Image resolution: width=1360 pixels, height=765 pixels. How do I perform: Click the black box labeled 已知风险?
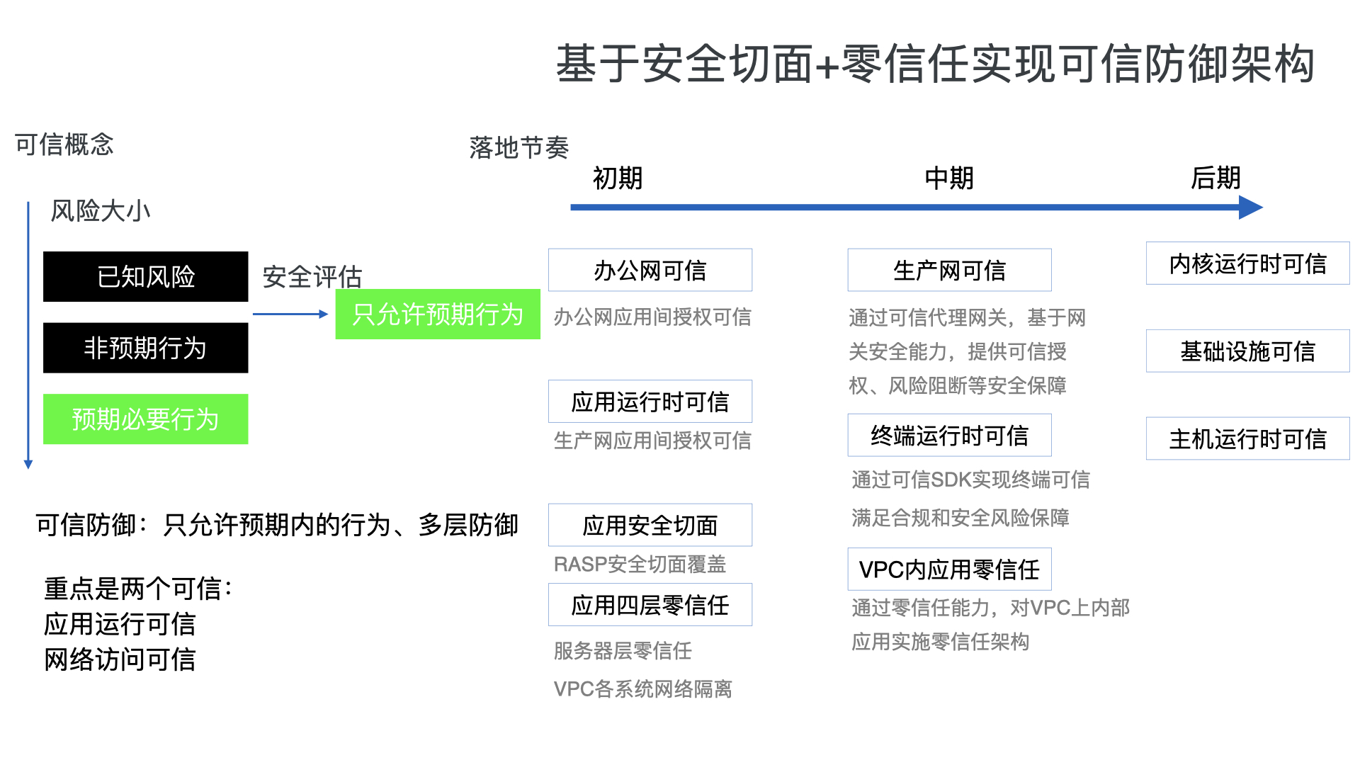point(145,276)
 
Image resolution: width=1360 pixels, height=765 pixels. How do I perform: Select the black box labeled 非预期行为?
point(145,348)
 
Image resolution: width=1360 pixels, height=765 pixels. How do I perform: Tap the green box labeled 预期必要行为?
point(145,419)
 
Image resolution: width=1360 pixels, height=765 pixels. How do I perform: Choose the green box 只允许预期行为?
point(437,314)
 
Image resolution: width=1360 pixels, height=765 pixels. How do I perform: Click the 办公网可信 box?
point(650,270)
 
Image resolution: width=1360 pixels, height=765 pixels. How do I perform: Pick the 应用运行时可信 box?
point(650,402)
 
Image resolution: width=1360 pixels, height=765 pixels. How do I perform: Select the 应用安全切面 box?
point(650,525)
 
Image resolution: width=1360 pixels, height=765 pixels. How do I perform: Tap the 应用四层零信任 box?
point(650,605)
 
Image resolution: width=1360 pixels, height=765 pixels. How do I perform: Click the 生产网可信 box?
point(949,270)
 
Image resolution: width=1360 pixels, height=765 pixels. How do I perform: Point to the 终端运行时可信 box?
point(949,435)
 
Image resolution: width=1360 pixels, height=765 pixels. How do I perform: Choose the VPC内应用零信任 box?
point(949,569)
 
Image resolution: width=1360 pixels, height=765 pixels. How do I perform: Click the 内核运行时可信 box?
point(1247,263)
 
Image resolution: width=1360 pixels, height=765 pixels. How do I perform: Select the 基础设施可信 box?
point(1247,351)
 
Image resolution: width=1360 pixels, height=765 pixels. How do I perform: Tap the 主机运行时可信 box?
point(1247,438)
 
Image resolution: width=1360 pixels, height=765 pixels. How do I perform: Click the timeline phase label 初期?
point(617,178)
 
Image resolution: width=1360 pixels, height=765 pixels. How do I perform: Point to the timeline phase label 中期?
point(949,178)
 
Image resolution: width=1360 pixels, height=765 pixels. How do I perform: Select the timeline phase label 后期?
point(1215,178)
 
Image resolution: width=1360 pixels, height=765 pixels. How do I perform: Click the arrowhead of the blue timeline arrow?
point(1251,208)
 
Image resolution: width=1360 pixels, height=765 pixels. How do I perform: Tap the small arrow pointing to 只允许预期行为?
point(290,314)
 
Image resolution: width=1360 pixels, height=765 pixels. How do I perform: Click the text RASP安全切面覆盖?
point(640,565)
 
